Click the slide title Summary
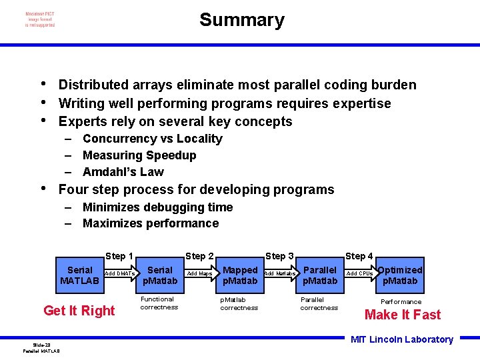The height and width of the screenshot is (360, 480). tap(241, 20)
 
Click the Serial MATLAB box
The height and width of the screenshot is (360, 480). tap(79, 275)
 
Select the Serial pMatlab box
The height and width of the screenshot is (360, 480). tap(159, 275)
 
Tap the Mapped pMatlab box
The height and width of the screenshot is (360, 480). tap(239, 275)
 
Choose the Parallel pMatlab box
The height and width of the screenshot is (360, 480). tap(319, 275)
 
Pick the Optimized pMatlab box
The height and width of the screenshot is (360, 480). tap(400, 275)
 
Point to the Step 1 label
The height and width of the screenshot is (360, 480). tap(119, 256)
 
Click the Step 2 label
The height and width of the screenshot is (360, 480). tap(199, 256)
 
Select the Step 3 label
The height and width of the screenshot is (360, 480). tap(279, 256)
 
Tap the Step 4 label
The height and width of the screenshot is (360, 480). tap(359, 256)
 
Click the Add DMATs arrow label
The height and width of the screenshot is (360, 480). tap(120, 273)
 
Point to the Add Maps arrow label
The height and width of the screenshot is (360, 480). tap(199, 273)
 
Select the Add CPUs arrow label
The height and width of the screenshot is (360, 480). tap(359, 273)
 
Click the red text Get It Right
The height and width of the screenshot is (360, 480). tap(79, 311)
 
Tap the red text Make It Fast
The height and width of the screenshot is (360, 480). tap(402, 315)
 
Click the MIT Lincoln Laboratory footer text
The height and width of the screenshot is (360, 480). tap(401, 339)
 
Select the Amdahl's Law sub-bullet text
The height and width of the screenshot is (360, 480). tap(123, 171)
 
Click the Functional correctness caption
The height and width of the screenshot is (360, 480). tap(159, 303)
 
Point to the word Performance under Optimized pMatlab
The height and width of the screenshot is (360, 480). tap(401, 301)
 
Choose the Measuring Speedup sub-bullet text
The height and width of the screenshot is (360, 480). tap(139, 155)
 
